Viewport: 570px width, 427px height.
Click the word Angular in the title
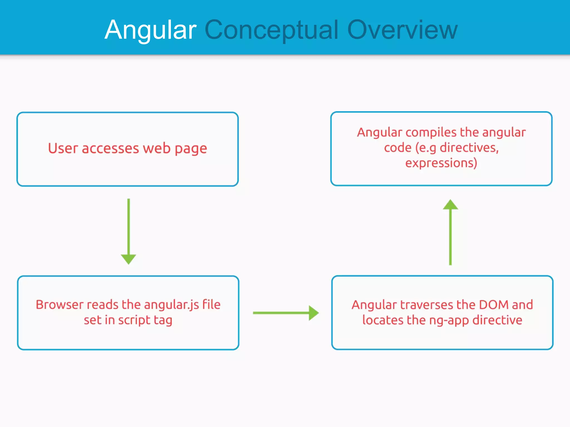[x=151, y=30]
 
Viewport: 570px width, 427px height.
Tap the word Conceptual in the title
[x=271, y=30]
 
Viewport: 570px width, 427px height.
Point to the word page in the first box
[x=191, y=149]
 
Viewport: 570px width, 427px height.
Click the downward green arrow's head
[x=128, y=259]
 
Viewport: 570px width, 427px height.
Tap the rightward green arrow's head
[x=314, y=313]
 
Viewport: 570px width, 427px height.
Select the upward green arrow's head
[x=450, y=205]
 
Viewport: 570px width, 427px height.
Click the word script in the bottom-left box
[x=134, y=321]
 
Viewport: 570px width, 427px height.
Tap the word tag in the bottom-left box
[x=163, y=321]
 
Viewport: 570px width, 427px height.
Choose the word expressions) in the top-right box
[x=441, y=163]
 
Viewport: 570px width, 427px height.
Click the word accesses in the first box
[x=110, y=148]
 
